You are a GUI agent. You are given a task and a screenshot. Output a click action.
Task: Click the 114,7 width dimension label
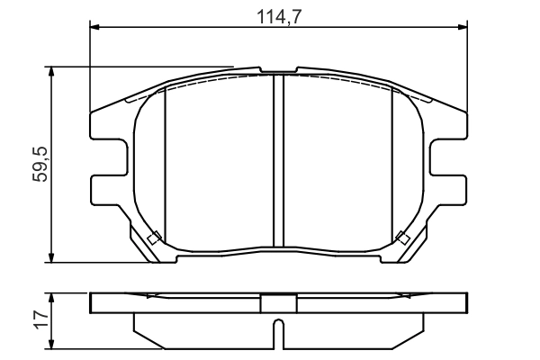(279, 16)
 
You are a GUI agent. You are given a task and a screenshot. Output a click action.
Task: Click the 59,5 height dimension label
(40, 165)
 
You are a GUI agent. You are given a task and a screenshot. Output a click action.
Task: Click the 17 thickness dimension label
(41, 319)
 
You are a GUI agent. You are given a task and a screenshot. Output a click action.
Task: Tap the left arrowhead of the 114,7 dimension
(94, 27)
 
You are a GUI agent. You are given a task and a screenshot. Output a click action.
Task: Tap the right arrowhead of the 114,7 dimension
(463, 27)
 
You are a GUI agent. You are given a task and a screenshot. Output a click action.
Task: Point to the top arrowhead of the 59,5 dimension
(51, 72)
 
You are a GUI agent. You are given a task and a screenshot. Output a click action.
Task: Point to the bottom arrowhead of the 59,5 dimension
(51, 257)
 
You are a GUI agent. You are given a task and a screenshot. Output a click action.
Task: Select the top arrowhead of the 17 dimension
(51, 298)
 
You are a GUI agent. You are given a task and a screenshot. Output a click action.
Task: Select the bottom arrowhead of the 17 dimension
(51, 344)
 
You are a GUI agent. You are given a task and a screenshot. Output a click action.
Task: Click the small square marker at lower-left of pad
(154, 238)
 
